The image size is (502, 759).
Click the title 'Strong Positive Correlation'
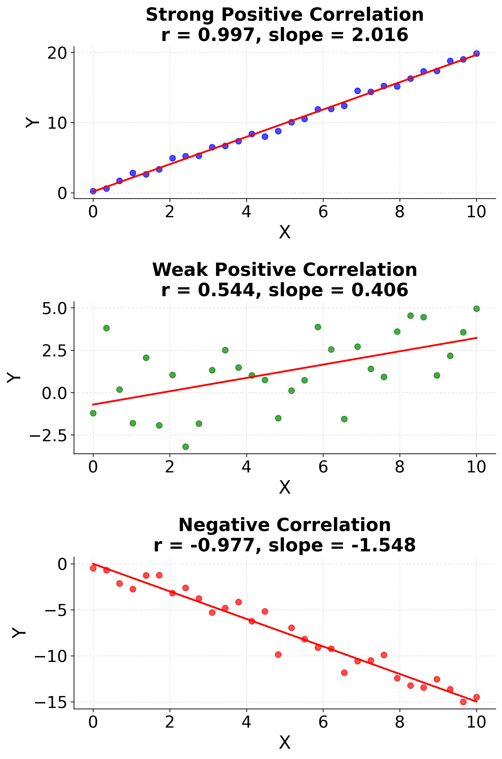[285, 15]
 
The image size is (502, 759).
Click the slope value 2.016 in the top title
[380, 35]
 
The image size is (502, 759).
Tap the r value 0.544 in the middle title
[226, 290]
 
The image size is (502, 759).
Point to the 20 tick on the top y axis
[57, 53]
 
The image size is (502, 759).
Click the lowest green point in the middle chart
[185, 447]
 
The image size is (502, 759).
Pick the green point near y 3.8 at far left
[106, 328]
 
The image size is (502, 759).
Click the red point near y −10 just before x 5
[278, 655]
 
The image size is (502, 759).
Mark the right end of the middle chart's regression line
[477, 338]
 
